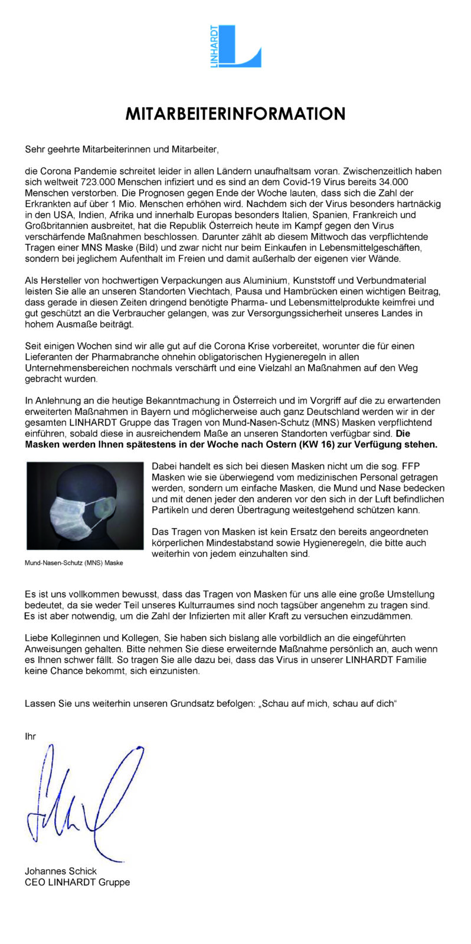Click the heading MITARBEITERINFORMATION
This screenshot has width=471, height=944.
pos(235,113)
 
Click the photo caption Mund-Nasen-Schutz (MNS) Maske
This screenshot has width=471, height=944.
pos(74,563)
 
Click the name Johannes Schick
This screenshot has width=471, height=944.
pos(61,871)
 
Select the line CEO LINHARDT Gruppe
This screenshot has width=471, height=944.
pos(77,882)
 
